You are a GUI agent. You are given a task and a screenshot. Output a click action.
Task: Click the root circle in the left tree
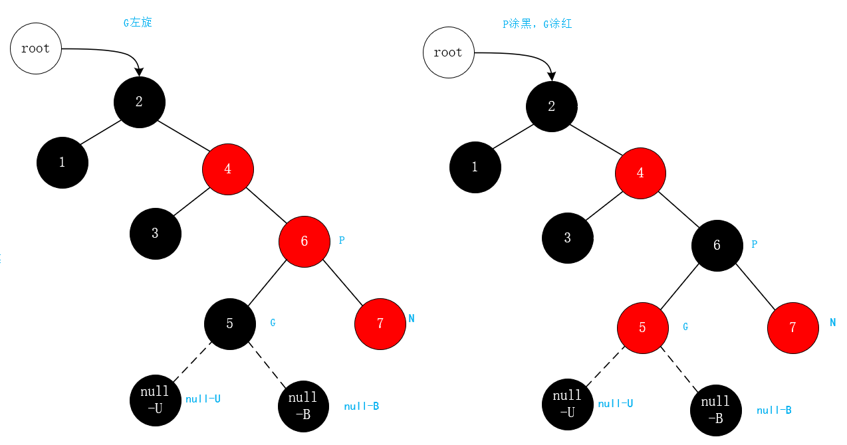click(x=36, y=48)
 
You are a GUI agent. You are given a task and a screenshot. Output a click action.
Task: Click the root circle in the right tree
click(x=448, y=52)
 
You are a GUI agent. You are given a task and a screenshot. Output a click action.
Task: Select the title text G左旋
click(x=138, y=23)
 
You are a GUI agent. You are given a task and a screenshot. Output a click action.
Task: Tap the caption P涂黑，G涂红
click(x=537, y=24)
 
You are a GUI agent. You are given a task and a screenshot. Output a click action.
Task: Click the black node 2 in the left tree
click(x=139, y=102)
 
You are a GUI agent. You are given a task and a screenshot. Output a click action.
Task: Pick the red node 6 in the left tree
click(x=304, y=241)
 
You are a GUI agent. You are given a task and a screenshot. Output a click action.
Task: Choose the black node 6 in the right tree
click(x=717, y=245)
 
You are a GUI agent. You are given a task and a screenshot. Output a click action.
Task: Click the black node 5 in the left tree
click(x=229, y=323)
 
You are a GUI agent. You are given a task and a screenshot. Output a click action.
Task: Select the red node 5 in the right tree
click(x=642, y=327)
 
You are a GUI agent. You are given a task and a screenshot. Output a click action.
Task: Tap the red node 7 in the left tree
click(x=380, y=323)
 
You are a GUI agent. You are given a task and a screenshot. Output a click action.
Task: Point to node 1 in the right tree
click(x=475, y=167)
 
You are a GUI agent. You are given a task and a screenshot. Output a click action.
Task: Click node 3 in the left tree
click(x=156, y=233)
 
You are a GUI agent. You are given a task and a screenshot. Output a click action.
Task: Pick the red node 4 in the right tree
click(x=640, y=173)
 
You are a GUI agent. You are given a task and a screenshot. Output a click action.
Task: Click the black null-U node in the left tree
click(x=156, y=401)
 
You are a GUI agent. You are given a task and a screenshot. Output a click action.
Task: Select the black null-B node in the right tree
click(x=715, y=410)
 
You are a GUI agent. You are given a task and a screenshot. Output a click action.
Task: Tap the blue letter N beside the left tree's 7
click(x=412, y=319)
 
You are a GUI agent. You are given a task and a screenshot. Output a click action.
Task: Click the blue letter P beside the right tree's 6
click(x=754, y=244)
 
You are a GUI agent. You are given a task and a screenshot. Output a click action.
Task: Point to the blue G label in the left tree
click(x=273, y=323)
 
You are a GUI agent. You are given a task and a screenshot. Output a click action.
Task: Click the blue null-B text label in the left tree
click(x=361, y=406)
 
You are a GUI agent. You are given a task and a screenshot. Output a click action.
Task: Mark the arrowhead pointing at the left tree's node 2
click(x=138, y=72)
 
